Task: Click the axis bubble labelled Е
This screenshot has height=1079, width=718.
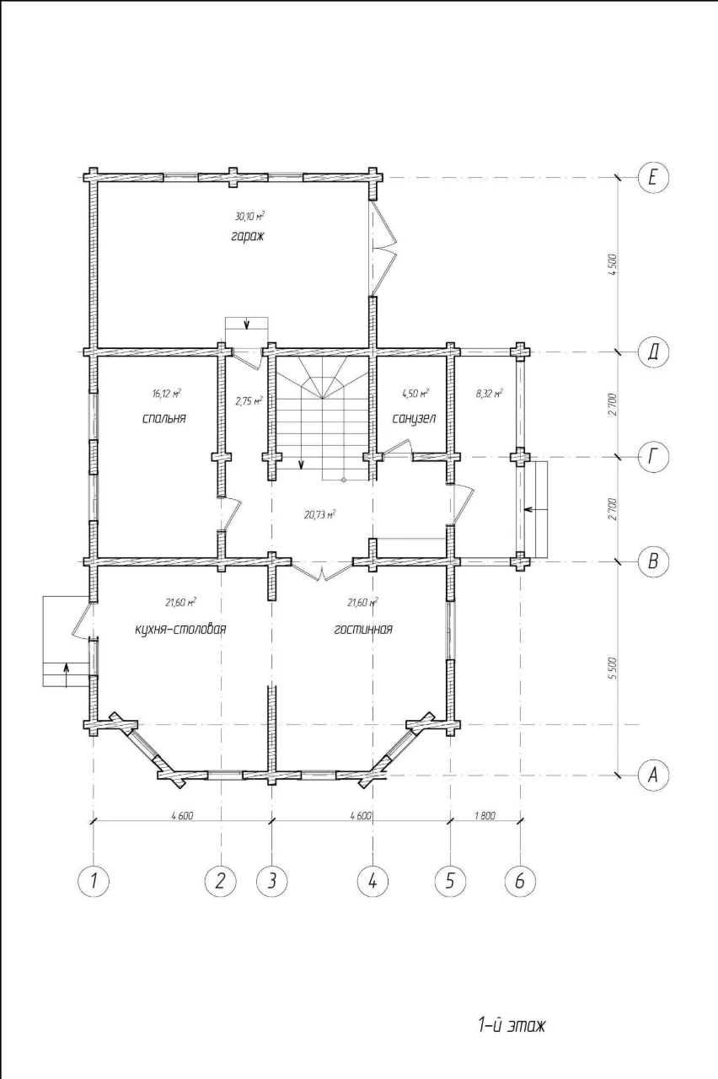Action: (653, 178)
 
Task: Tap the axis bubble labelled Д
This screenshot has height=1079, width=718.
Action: (653, 352)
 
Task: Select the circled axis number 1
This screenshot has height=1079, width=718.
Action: (94, 881)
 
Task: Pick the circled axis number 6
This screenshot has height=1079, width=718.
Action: (520, 881)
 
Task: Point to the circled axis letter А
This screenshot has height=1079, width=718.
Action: (653, 775)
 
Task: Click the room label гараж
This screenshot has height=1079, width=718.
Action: (246, 237)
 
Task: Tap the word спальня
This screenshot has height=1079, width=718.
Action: (163, 418)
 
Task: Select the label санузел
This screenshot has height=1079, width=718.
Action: (414, 418)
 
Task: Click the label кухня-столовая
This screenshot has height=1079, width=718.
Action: (181, 629)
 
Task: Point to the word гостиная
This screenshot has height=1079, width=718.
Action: (363, 629)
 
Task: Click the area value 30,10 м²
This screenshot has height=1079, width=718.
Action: (249, 217)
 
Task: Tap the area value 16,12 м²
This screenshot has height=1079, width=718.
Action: (166, 394)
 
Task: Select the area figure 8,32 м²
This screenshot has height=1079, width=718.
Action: (490, 394)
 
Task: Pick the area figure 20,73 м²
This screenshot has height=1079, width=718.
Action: (319, 514)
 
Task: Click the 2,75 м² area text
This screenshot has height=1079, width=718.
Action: (249, 400)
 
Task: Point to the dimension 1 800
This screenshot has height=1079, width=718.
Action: (485, 815)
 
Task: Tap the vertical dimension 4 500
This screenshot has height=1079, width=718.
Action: (613, 264)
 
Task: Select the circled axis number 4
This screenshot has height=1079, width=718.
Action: (372, 881)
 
